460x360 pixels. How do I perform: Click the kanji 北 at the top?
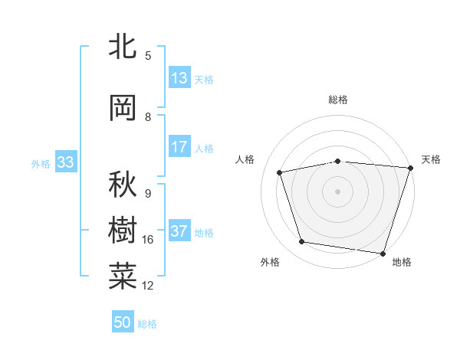123,47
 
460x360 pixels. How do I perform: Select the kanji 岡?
123,109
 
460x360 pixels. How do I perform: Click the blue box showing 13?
179,78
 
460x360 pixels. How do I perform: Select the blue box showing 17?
179,147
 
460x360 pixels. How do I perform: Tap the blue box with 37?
179,231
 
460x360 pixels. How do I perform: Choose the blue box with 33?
65,162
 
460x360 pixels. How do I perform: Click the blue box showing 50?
123,322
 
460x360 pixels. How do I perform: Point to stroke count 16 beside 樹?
148,240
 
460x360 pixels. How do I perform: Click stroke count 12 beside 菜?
148,286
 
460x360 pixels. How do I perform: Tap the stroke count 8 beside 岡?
148,117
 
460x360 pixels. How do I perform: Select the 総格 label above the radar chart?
338,100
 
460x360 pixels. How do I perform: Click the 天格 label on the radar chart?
431,159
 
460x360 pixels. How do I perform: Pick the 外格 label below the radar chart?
270,262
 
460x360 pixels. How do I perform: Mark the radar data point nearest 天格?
410,168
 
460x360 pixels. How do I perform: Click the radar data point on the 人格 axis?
280,172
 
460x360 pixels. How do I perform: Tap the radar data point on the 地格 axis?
383,253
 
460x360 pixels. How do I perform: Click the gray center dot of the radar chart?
338,191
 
